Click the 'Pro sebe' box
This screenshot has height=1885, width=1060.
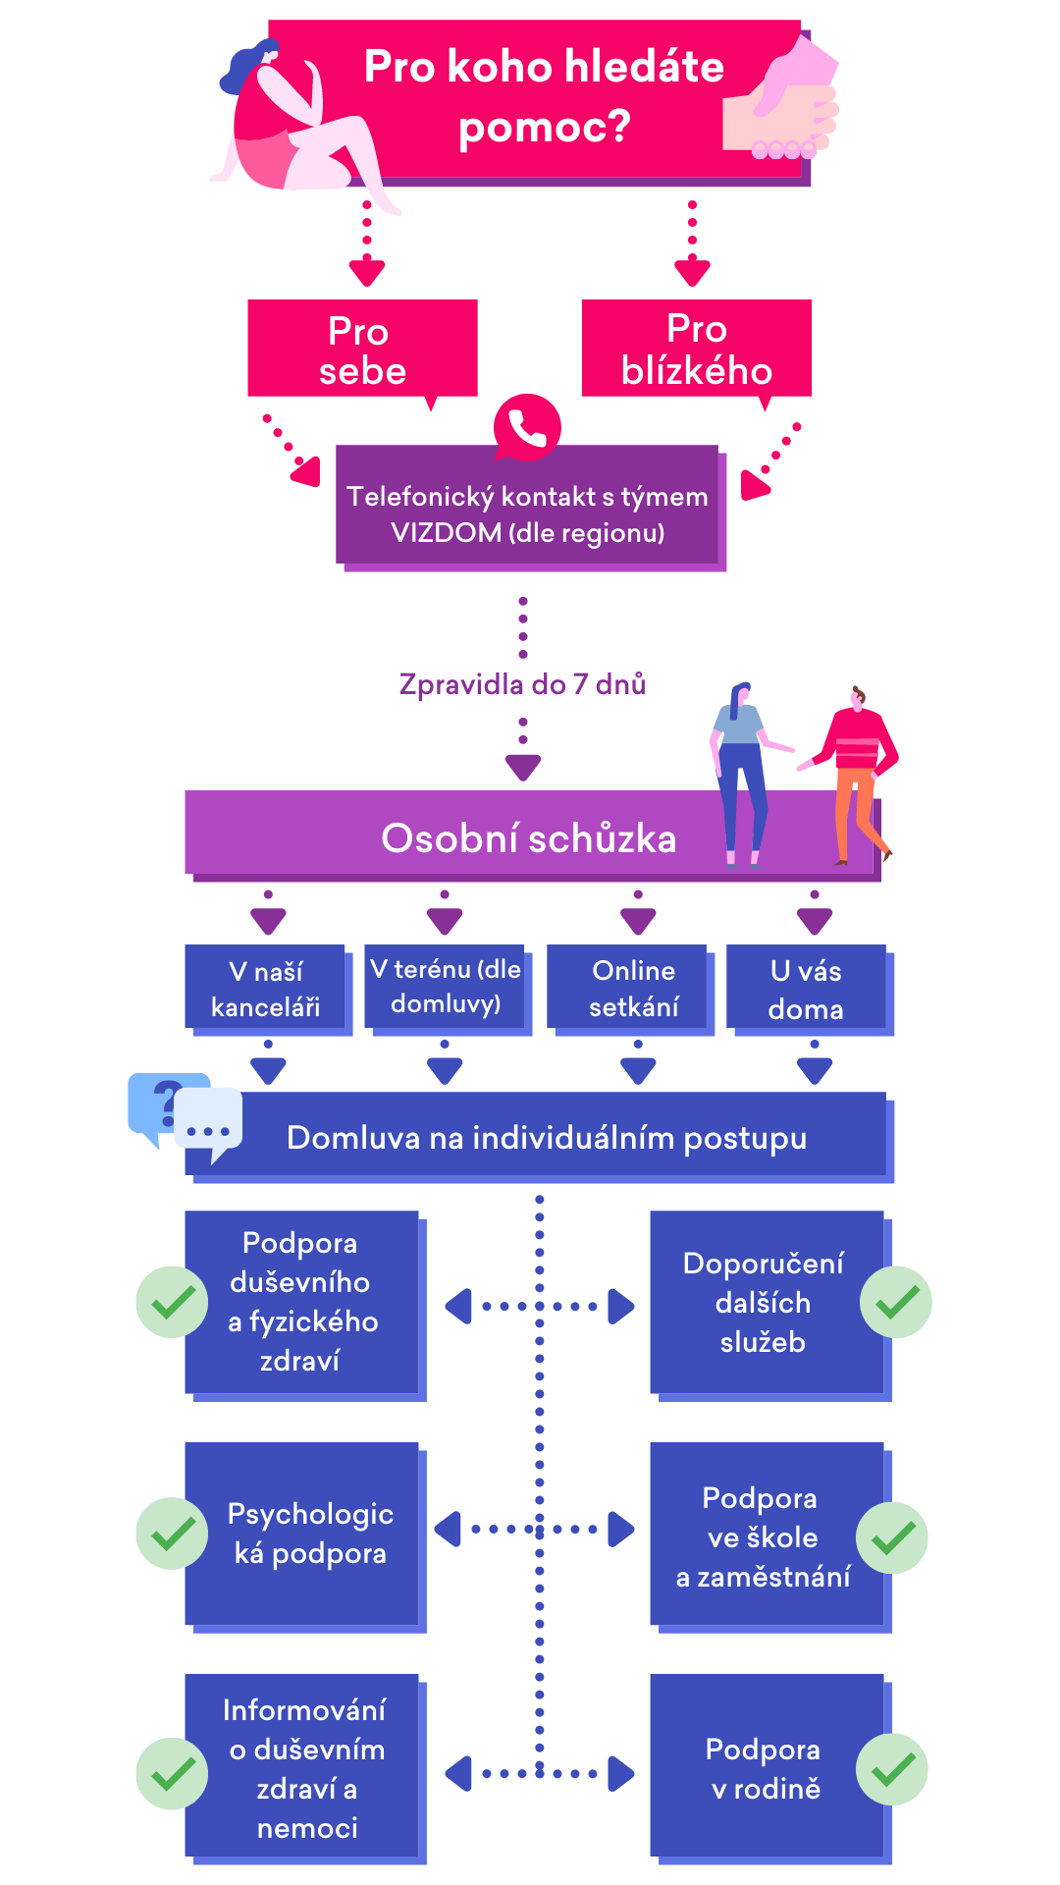point(362,349)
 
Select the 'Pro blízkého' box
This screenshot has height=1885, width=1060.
point(696,349)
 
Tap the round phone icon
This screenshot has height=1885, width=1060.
point(527,427)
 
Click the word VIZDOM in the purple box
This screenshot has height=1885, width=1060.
point(446,533)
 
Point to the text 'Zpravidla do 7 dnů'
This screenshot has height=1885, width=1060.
point(522,684)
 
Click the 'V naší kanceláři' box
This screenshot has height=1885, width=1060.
point(266,989)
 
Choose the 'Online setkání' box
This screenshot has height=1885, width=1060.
point(633,989)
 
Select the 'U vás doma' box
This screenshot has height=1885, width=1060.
point(806,989)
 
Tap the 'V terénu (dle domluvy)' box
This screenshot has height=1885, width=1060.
point(446,987)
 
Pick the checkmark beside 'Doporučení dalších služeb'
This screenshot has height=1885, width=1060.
point(896,1303)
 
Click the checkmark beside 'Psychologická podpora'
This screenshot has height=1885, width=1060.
point(172,1534)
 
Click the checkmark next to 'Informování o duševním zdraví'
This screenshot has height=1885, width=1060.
point(172,1774)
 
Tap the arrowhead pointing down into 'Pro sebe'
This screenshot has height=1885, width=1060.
point(366,272)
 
